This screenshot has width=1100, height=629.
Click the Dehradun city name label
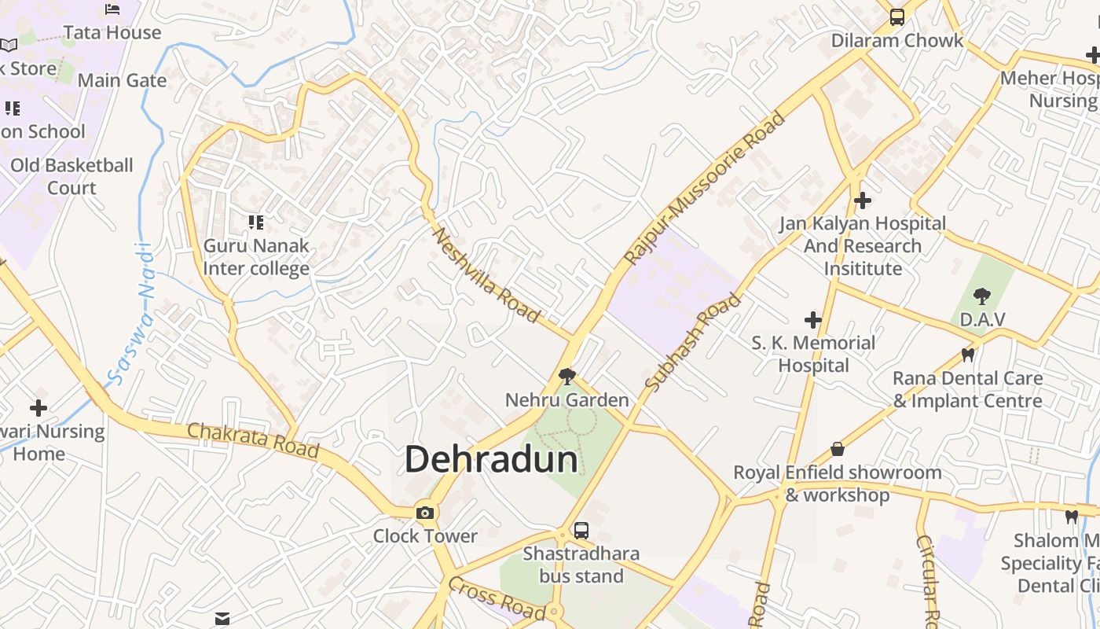(491, 459)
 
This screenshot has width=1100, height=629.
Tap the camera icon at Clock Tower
(425, 513)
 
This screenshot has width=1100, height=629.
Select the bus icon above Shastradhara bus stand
(581, 531)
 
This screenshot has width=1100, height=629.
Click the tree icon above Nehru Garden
(566, 377)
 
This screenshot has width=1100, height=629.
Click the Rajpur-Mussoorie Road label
(704, 189)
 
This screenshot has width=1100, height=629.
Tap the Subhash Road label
(692, 342)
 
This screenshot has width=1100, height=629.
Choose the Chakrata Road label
(253, 440)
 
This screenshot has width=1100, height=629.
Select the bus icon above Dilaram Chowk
(896, 17)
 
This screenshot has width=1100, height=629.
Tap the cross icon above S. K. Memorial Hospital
(813, 320)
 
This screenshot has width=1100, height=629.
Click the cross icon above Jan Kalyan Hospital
(863, 200)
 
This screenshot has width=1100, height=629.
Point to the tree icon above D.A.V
(981, 296)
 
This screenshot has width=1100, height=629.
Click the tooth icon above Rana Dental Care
(967, 355)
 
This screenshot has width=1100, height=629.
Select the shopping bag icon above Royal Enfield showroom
(838, 449)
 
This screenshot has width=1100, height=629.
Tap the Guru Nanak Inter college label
(256, 257)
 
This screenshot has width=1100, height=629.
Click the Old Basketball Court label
(71, 176)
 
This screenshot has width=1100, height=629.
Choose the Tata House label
(112, 33)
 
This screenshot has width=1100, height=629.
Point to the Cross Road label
(497, 598)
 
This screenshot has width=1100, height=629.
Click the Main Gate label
(122, 80)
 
